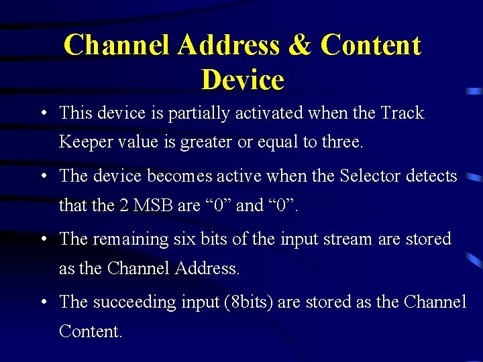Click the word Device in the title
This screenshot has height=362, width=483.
tap(242, 80)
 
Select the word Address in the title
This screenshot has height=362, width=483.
tap(229, 45)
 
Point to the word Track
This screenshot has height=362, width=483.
tap(402, 113)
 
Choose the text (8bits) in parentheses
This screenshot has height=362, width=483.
tap(246, 302)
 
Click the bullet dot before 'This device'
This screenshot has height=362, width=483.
tap(43, 113)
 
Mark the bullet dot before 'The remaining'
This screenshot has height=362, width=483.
tap(43, 239)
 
